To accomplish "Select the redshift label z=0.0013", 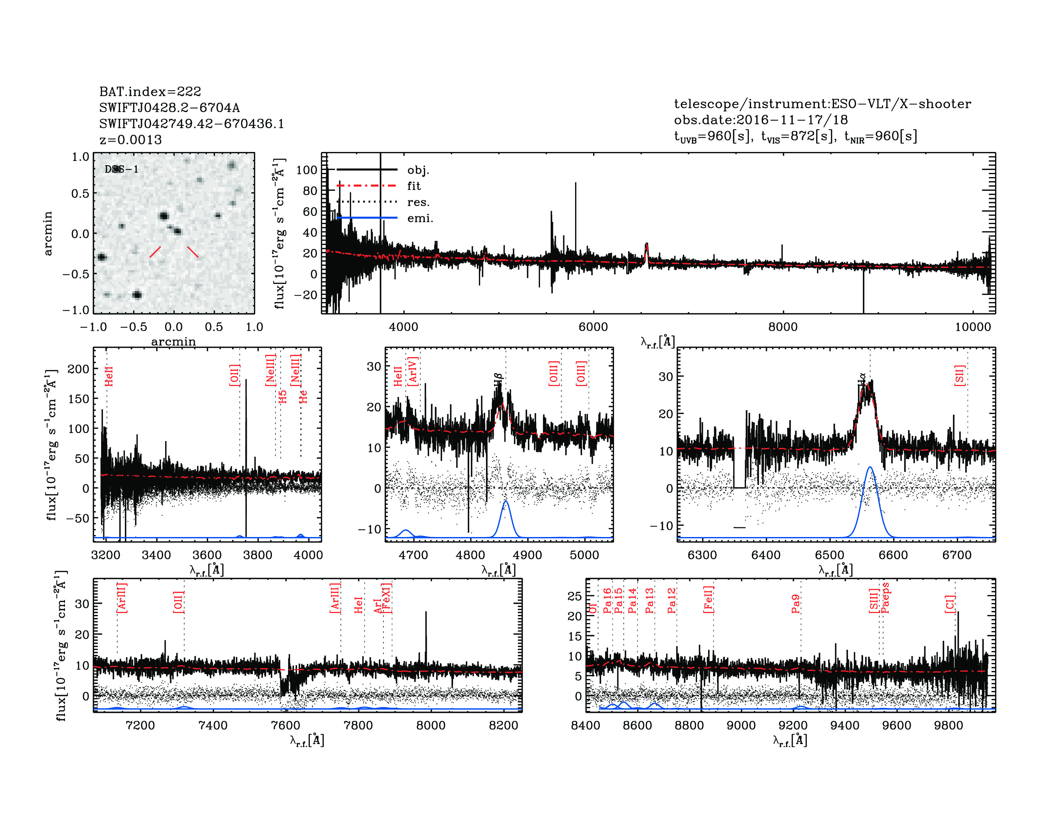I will pos(130,140).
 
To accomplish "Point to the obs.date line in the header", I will pos(760,120).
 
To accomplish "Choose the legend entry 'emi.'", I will pos(420,218).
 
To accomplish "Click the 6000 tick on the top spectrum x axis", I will pos(593,327).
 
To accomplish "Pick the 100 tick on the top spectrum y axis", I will pos(306,170).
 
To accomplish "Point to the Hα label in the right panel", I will pos(861,378).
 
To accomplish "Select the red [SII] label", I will pos(959,375).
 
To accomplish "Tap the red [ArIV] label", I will pos(413,372).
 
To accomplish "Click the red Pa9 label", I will pos(796,604).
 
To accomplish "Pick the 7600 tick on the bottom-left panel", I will pos(285,725).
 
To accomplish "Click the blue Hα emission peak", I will pos(870,467).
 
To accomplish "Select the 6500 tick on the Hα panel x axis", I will pos(830,555).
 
